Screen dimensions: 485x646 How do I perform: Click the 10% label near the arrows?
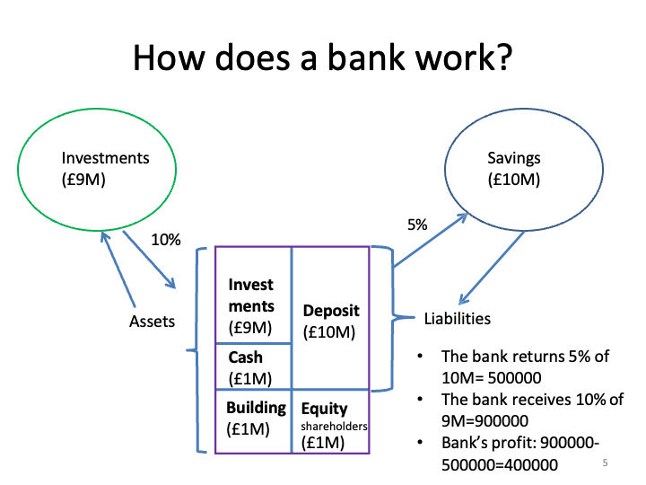click(x=165, y=240)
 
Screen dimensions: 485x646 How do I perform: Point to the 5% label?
click(x=417, y=225)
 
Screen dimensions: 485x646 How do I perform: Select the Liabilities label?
click(x=457, y=318)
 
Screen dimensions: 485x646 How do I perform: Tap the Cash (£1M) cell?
click(x=252, y=366)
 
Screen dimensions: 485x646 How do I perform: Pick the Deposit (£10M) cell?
click(x=330, y=321)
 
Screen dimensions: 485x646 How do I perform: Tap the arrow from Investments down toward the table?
click(x=148, y=261)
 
